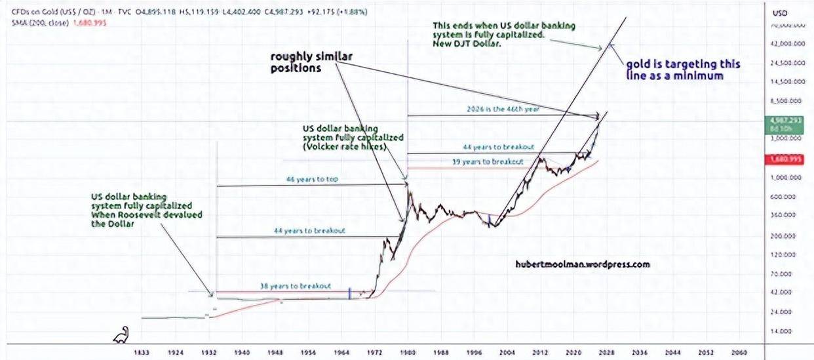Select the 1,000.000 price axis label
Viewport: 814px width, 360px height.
tap(783, 178)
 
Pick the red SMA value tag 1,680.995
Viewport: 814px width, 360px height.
tap(783, 159)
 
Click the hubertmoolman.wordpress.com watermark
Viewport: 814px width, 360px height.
tap(583, 264)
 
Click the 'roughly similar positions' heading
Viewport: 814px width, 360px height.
tap(311, 62)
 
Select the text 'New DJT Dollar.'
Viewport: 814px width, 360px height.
tap(466, 43)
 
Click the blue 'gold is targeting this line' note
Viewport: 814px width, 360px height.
tap(683, 70)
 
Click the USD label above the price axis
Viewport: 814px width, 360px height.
tap(780, 13)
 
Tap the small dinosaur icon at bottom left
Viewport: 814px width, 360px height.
tap(122, 335)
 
